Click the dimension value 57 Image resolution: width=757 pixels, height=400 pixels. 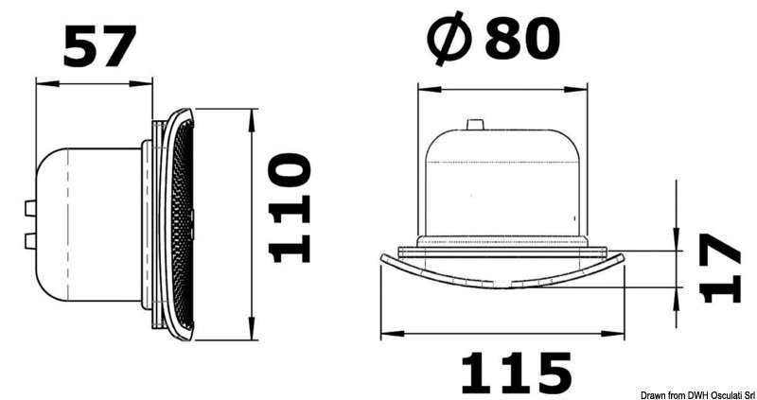[x=99, y=45]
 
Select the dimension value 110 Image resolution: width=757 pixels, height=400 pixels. [x=290, y=207]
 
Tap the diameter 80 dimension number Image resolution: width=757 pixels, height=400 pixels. [x=522, y=39]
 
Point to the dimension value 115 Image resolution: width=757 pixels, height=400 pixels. [x=516, y=372]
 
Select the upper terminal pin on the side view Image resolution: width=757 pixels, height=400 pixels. [x=31, y=208]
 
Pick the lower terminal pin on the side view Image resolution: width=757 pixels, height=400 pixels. [x=31, y=239]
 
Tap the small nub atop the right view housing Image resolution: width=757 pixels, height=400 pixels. [x=474, y=125]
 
